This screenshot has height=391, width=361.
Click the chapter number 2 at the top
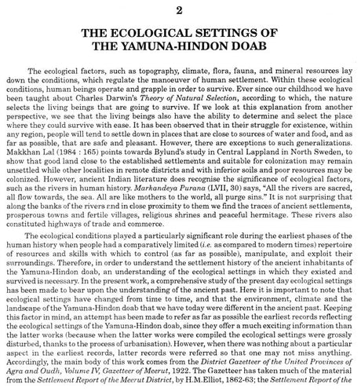pos(180,10)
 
